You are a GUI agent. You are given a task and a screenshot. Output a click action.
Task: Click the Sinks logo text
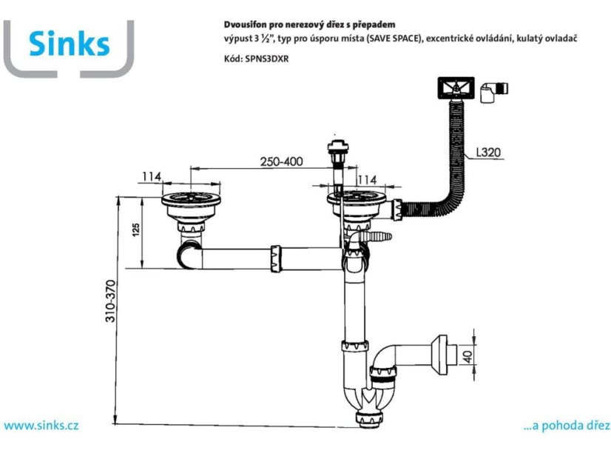pyautogui.click(x=70, y=43)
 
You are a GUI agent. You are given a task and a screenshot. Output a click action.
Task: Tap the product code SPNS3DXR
pyautogui.click(x=267, y=59)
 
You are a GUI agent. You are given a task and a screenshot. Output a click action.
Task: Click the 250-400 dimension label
pyautogui.click(x=281, y=161)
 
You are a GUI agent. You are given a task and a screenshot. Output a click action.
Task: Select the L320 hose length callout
pyautogui.click(x=488, y=152)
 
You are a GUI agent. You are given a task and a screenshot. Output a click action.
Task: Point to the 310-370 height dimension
pyautogui.click(x=111, y=301)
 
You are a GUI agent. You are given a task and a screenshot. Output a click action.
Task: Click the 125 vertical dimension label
pyautogui.click(x=135, y=229)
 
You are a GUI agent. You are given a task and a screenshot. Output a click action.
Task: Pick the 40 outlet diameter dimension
pyautogui.click(x=467, y=355)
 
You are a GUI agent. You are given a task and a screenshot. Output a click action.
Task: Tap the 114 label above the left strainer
pyautogui.click(x=151, y=177)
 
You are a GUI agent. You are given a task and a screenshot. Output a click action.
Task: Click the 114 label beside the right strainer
pyautogui.click(x=367, y=180)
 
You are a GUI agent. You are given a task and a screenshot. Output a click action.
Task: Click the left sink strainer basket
pyautogui.click(x=191, y=206)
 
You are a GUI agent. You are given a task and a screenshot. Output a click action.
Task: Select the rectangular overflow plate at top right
pyautogui.click(x=456, y=89)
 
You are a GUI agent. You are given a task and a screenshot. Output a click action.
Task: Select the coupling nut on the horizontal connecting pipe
pyautogui.click(x=274, y=259)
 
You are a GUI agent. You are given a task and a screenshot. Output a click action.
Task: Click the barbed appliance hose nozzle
pyautogui.click(x=377, y=236)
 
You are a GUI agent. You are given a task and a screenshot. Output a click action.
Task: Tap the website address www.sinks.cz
pyautogui.click(x=41, y=425)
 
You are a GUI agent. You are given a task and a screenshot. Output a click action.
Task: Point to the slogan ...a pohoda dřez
pyautogui.click(x=567, y=426)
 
